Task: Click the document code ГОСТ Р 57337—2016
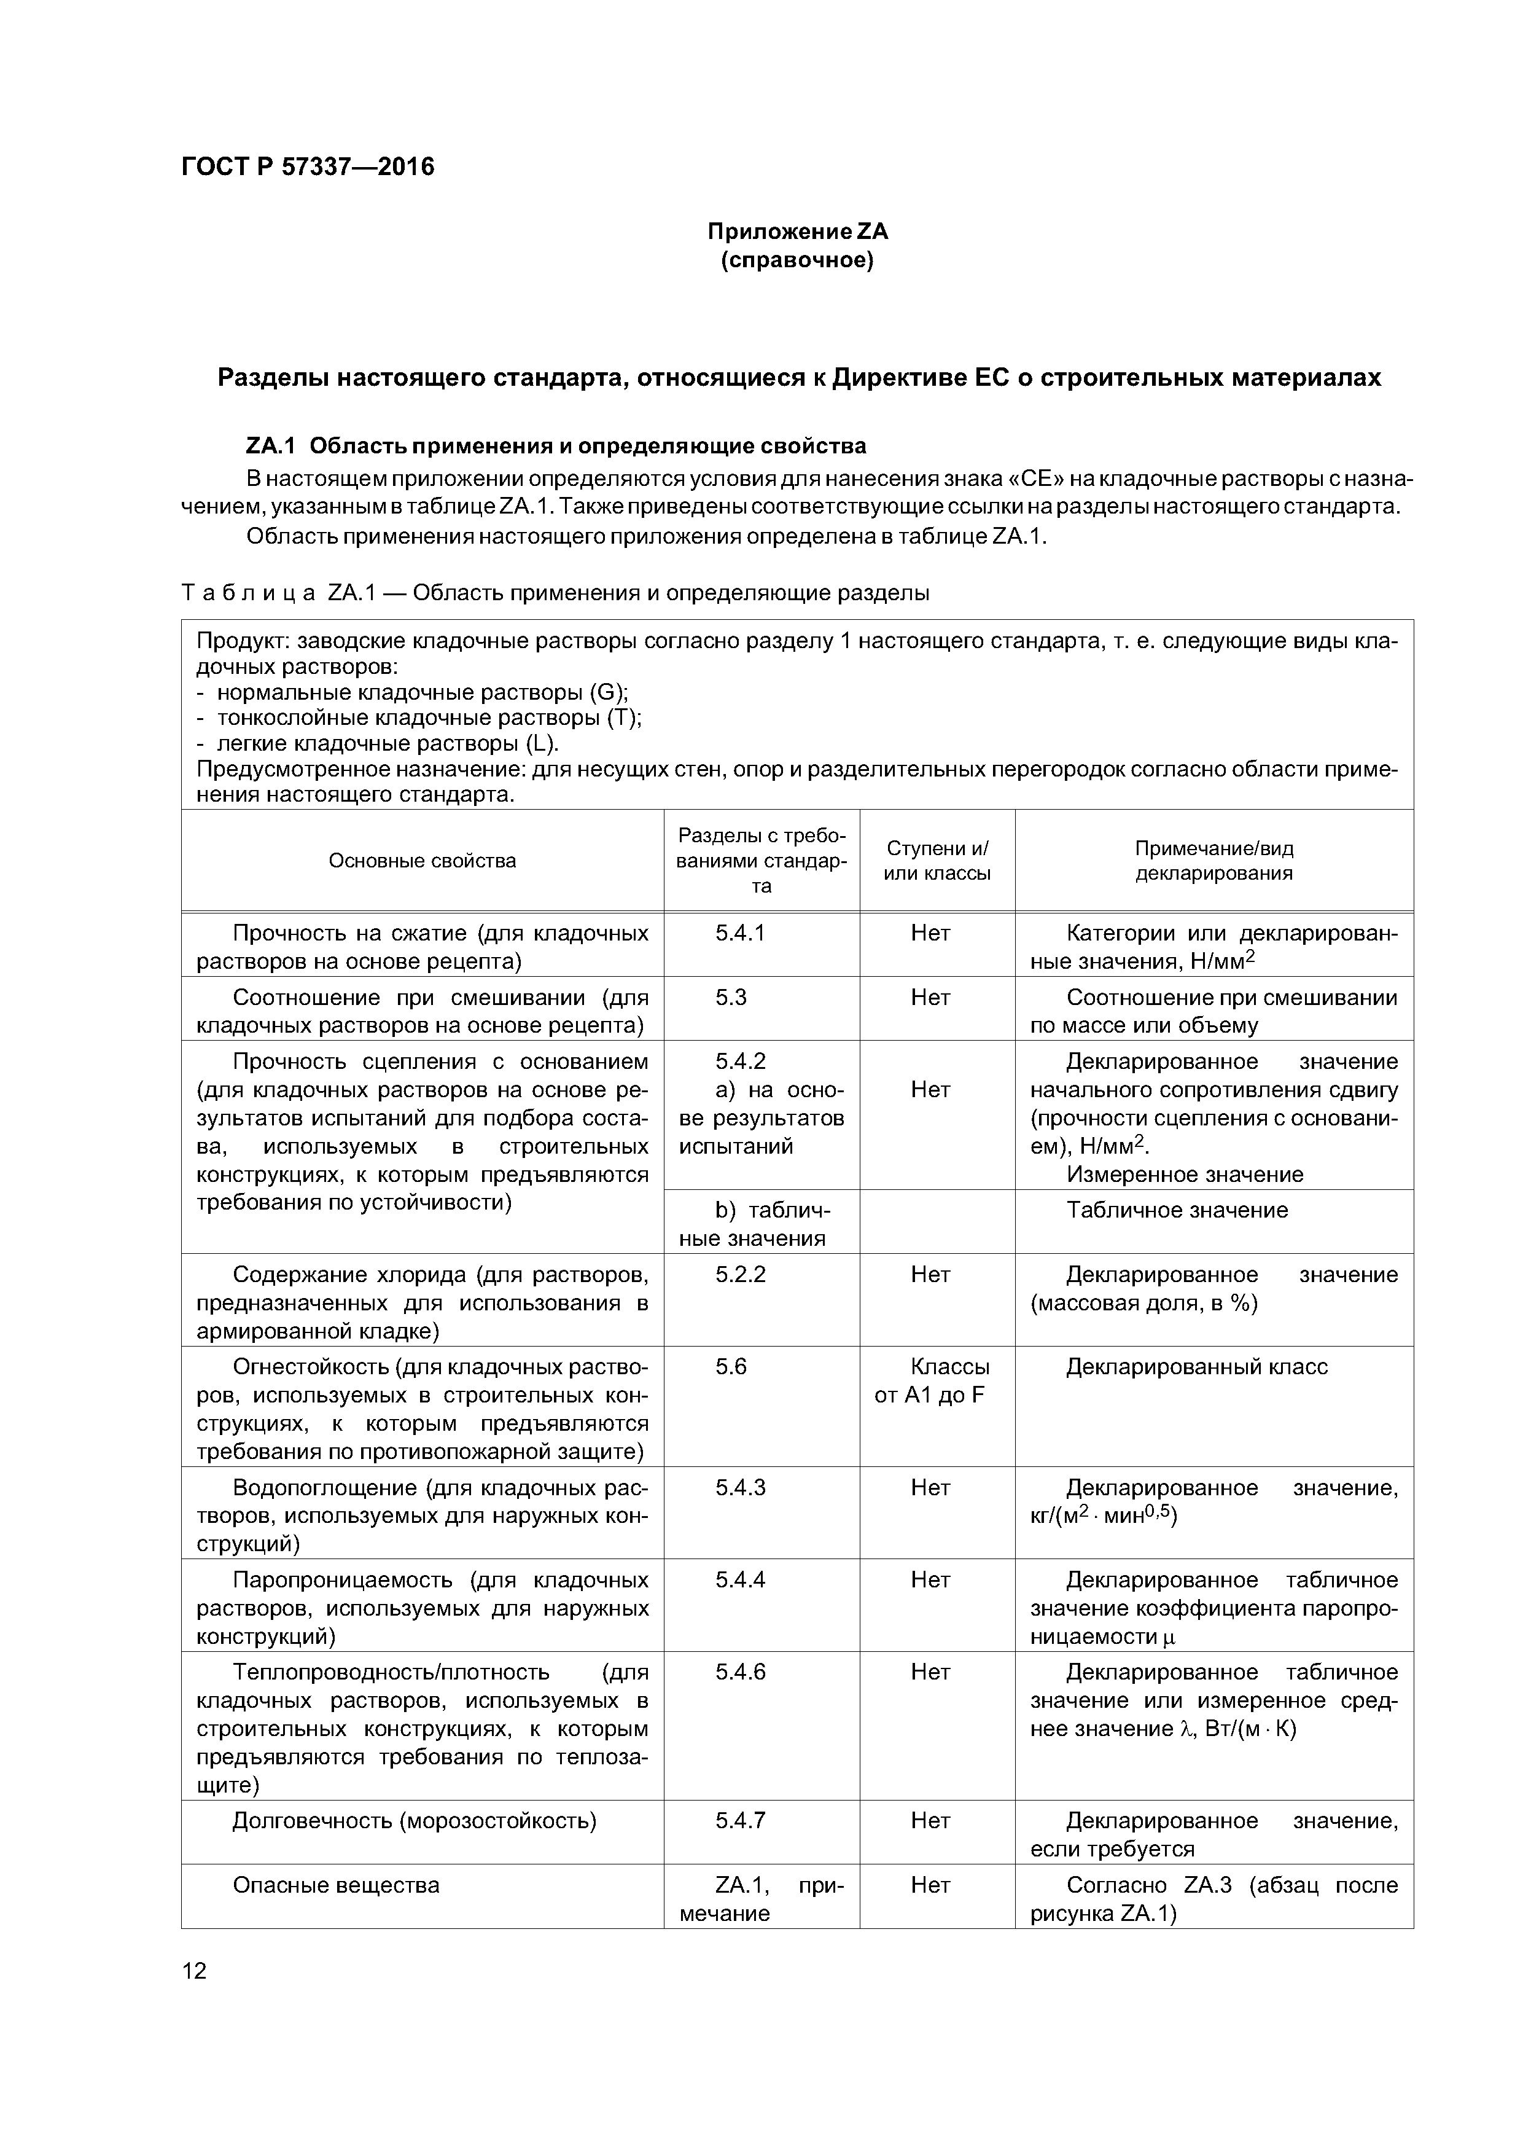(x=308, y=167)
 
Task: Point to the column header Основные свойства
(x=423, y=861)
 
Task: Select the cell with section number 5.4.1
(x=741, y=933)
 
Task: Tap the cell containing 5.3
(x=731, y=997)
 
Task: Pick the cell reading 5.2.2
(x=741, y=1275)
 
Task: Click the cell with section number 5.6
(x=731, y=1367)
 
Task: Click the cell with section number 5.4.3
(x=741, y=1488)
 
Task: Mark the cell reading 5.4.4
(x=741, y=1579)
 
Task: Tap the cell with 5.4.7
(x=741, y=1821)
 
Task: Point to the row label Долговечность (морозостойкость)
(x=414, y=1821)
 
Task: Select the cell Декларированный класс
(x=1196, y=1367)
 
